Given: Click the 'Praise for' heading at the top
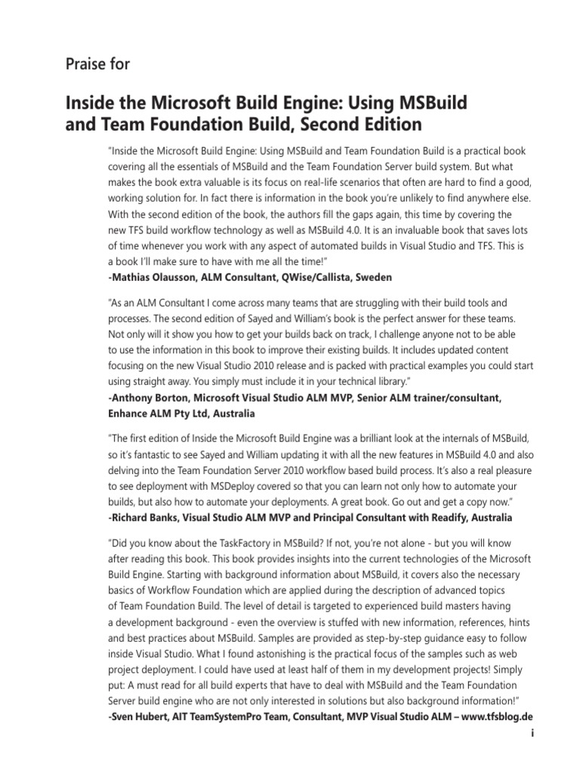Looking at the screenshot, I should tap(98, 64).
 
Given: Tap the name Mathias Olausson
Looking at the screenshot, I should tap(156, 276).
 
